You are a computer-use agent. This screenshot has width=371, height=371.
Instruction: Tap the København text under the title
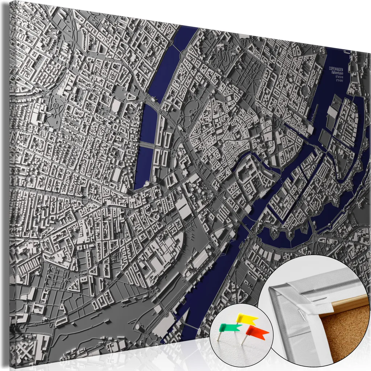[337, 73]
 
